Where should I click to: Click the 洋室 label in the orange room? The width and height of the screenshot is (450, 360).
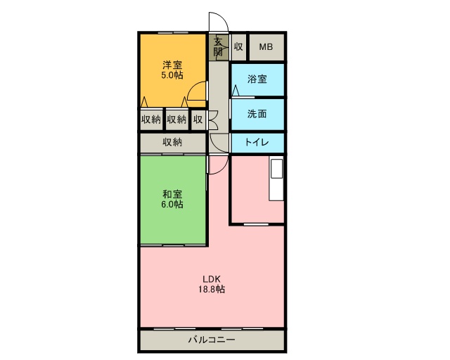(172, 65)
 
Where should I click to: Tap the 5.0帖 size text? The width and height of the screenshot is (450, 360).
(172, 75)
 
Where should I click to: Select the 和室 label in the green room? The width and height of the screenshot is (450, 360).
(172, 194)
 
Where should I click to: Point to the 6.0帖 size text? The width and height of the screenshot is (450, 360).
(172, 205)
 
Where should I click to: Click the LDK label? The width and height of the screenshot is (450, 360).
(212, 279)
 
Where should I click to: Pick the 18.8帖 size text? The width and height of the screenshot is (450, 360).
(212, 289)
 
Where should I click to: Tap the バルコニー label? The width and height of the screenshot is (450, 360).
(212, 340)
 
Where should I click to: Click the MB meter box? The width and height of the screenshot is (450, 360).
(266, 47)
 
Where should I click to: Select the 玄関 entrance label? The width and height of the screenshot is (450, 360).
(219, 47)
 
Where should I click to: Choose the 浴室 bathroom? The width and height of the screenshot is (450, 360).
(257, 79)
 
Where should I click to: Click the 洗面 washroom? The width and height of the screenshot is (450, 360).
(257, 115)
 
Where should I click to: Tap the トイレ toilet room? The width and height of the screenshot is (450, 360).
(257, 143)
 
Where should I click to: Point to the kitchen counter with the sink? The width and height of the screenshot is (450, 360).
(276, 178)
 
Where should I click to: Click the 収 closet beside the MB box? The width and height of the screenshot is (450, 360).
(238, 47)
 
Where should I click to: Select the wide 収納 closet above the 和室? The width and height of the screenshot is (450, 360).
(173, 143)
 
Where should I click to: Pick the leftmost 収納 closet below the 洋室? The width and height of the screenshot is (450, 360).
(151, 119)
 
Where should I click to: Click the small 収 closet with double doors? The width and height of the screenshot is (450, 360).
(198, 119)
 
